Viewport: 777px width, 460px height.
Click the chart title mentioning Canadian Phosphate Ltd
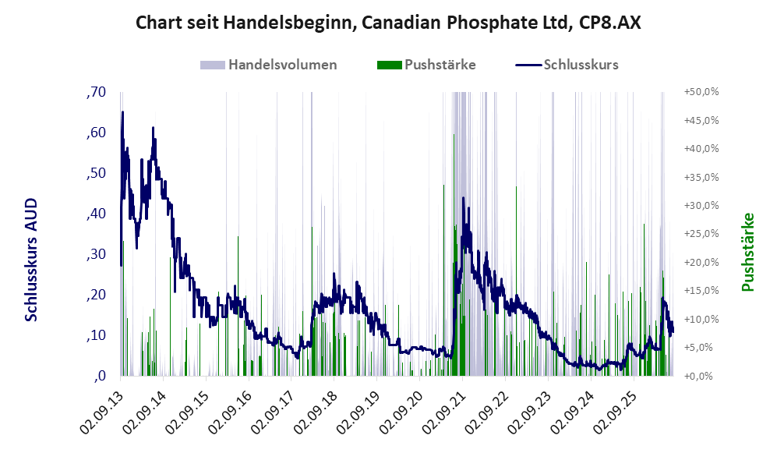click(388, 23)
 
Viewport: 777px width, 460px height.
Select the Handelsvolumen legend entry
click(268, 65)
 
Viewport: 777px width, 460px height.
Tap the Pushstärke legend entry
click(426, 65)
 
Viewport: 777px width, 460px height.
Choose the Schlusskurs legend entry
click(567, 65)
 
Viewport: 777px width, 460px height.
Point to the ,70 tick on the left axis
click(96, 92)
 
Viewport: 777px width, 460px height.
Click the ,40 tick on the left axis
click(96, 214)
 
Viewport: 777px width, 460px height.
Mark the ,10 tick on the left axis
click(96, 335)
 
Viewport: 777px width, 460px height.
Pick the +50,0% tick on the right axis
click(701, 92)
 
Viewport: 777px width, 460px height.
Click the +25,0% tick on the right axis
click(701, 234)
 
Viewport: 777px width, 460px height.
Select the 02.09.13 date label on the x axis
click(101, 411)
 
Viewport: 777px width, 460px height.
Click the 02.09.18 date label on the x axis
click(316, 411)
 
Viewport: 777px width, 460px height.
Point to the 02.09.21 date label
click(444, 411)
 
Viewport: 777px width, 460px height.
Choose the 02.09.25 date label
click(616, 411)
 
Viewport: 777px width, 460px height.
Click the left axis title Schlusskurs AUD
click(30, 260)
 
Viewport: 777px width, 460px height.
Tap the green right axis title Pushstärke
click(747, 252)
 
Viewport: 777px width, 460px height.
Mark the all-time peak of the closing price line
click(122, 112)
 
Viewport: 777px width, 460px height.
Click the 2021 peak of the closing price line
click(464, 198)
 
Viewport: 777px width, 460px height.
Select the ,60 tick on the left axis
click(96, 133)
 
